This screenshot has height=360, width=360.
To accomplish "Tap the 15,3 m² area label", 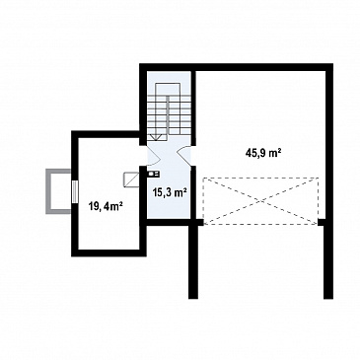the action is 170,192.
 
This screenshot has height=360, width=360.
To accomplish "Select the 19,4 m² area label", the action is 106,206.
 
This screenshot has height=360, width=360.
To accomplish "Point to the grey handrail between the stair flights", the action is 168,115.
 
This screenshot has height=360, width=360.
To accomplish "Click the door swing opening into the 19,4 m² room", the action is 153,156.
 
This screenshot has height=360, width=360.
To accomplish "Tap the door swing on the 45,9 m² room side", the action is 184,156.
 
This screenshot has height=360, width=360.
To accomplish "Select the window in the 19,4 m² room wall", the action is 75,191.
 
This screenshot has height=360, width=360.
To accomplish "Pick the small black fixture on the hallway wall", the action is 153,174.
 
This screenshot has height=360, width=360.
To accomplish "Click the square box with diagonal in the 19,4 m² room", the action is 131,180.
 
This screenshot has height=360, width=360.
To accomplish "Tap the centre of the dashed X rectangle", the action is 261,201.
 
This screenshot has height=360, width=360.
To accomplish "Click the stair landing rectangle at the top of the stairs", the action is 169,90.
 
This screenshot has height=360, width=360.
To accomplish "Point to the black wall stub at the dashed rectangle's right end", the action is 322,223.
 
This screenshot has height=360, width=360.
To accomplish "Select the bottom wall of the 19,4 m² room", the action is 108,252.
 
